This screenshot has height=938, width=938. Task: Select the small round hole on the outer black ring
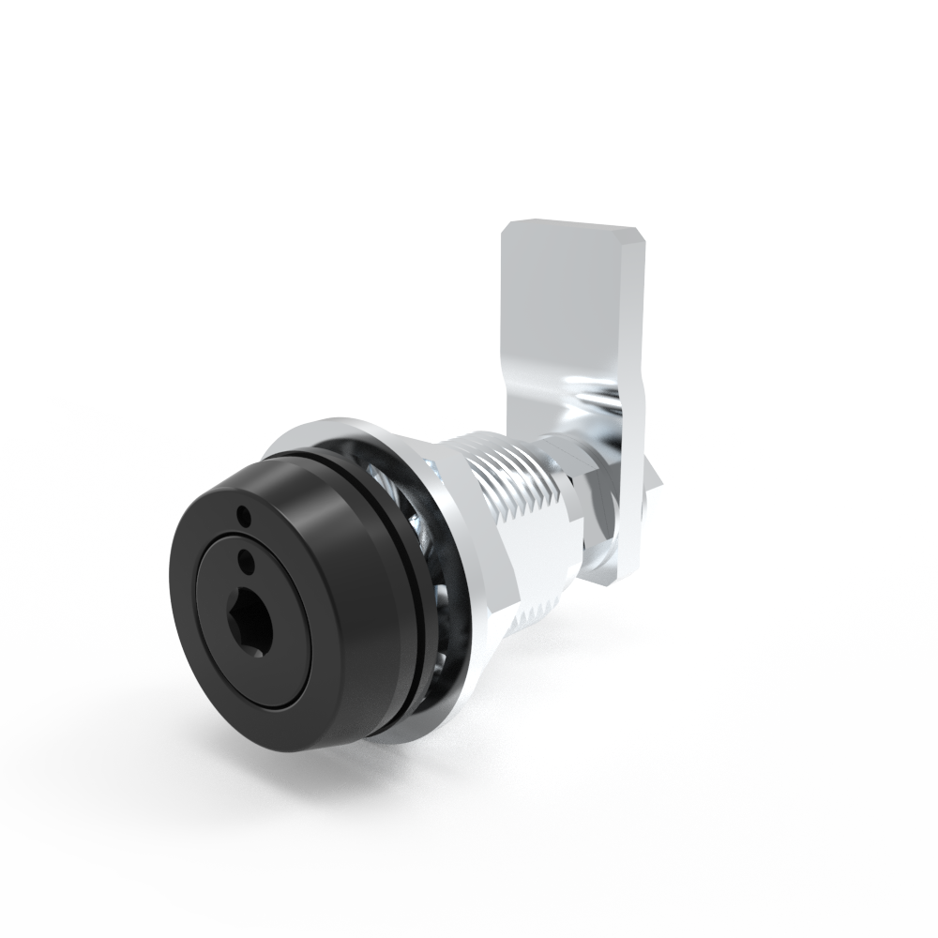(244, 514)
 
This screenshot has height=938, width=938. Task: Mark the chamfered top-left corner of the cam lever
(510, 230)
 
